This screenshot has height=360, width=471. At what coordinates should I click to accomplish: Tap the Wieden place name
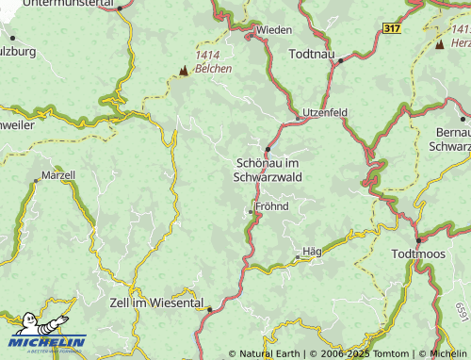(x=274, y=30)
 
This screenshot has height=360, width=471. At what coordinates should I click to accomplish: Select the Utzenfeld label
(x=325, y=112)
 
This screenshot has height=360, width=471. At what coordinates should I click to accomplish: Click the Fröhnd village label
(x=271, y=205)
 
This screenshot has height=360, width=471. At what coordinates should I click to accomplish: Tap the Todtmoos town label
(x=421, y=254)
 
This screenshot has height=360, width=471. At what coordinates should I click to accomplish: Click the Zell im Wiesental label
(x=156, y=303)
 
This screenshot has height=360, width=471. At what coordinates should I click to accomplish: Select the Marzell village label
(x=58, y=176)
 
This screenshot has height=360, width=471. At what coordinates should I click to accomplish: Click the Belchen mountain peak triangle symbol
(x=183, y=70)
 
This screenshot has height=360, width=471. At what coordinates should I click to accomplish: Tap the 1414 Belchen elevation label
(x=213, y=62)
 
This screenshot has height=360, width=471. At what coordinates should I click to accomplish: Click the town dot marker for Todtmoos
(x=418, y=240)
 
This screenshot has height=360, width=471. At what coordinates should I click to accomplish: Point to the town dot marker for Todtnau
(x=341, y=59)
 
